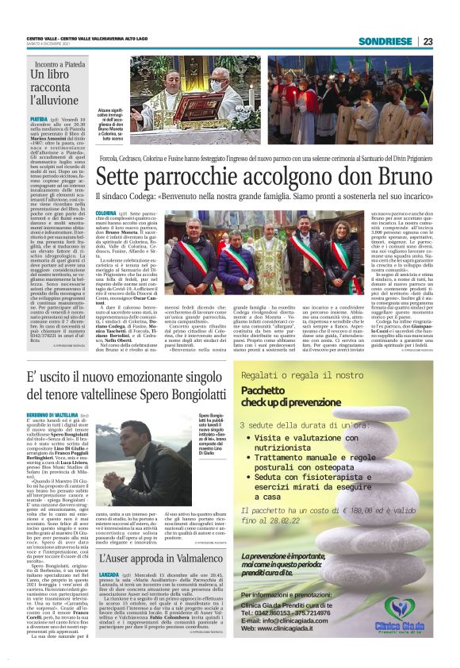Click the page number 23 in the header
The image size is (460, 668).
click(x=427, y=41)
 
